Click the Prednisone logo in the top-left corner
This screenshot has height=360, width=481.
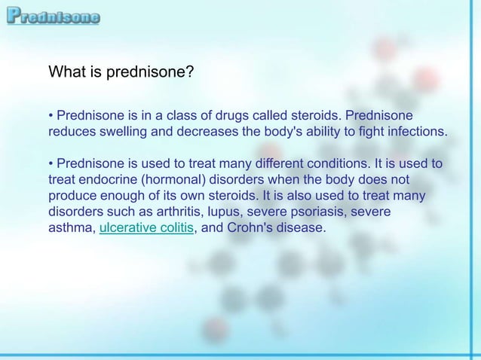point(52,15)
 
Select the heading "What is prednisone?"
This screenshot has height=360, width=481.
point(121,73)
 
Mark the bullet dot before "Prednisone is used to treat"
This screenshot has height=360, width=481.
point(51,165)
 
